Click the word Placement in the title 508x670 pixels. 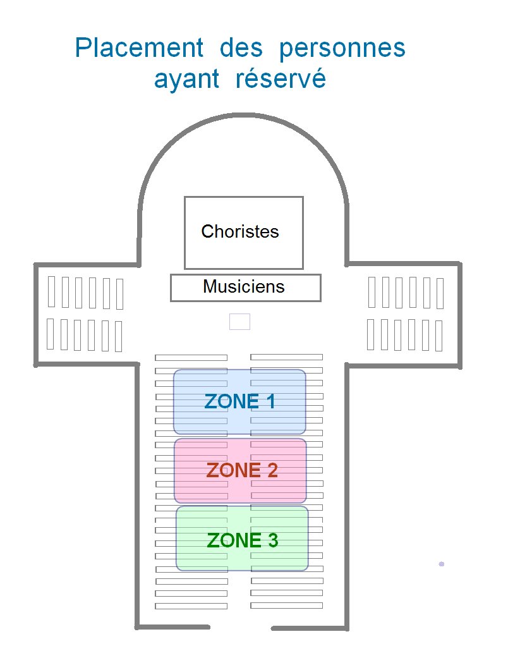point(139,49)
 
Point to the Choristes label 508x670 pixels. point(240,231)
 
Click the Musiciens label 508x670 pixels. point(244,287)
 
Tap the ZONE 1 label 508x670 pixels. point(239,401)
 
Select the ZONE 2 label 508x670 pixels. point(242,470)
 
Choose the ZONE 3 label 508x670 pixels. point(243,540)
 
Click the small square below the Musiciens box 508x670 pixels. point(239,322)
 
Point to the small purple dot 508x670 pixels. point(442,564)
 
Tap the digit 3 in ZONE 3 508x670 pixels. point(272,540)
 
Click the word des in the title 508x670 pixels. point(243,49)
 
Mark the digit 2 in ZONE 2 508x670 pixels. point(272,470)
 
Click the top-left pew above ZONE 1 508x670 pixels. point(191,358)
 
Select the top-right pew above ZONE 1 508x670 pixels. point(286,358)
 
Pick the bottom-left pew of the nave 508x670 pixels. point(191,606)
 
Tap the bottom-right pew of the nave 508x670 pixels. point(286,606)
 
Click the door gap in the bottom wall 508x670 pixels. point(241,627)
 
